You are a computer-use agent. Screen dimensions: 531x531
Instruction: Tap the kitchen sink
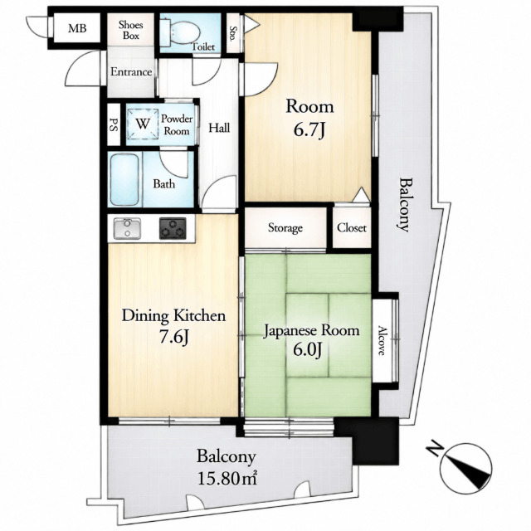click(x=127, y=228)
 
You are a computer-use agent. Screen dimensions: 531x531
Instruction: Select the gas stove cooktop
click(x=173, y=228)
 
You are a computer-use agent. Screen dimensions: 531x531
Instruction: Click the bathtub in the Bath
click(x=124, y=179)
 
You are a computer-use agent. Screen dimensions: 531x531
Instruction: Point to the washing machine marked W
click(x=143, y=124)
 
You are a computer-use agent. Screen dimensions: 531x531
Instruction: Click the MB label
click(x=77, y=28)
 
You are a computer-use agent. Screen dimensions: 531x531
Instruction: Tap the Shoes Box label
click(x=131, y=30)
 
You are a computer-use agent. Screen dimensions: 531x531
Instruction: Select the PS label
click(x=114, y=124)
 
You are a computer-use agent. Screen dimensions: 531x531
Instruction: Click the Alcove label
click(x=382, y=340)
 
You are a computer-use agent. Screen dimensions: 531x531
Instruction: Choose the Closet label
click(x=352, y=228)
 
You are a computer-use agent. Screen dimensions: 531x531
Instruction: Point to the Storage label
click(x=285, y=228)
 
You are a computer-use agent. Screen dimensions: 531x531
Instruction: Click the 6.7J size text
click(x=309, y=130)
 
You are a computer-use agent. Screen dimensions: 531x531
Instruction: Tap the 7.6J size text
click(x=173, y=338)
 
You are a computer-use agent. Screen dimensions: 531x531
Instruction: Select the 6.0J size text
click(x=308, y=350)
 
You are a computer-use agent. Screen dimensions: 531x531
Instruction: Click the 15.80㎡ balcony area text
click(x=227, y=479)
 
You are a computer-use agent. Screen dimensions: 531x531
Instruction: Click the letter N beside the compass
click(x=435, y=449)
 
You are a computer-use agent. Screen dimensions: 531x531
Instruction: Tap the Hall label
click(x=219, y=128)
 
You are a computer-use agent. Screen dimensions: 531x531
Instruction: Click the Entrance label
click(x=131, y=72)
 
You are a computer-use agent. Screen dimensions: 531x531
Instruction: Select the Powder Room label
click(x=177, y=124)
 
